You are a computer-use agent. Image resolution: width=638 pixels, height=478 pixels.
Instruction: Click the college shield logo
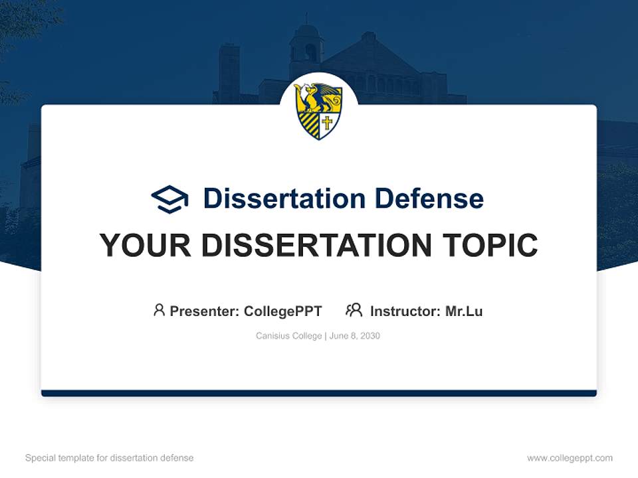tap(318, 110)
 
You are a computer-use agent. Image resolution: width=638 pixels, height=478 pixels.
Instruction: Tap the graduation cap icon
tap(170, 199)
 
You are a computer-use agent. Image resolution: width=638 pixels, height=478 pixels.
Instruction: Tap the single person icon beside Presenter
tap(159, 310)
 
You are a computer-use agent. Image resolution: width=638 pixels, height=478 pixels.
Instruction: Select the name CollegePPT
tap(283, 311)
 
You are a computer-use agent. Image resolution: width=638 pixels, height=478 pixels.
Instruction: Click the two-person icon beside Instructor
tap(354, 310)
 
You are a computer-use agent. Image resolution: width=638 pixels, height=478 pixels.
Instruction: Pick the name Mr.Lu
tap(464, 311)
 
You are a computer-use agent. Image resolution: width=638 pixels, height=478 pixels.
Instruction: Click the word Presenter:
tap(205, 311)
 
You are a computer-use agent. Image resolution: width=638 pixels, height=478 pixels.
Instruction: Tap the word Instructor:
tap(405, 311)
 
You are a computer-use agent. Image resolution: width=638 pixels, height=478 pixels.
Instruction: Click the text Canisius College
tap(288, 336)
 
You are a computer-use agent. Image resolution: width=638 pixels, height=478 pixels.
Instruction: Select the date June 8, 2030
tap(354, 336)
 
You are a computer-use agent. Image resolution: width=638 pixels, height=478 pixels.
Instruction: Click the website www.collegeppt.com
tap(570, 458)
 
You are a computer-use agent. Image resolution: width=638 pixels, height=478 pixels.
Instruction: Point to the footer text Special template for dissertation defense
tap(110, 458)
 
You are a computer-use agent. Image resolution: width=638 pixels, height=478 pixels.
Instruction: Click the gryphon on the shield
tap(316, 98)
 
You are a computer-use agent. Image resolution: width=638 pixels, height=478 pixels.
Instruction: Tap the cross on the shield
tap(327, 123)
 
